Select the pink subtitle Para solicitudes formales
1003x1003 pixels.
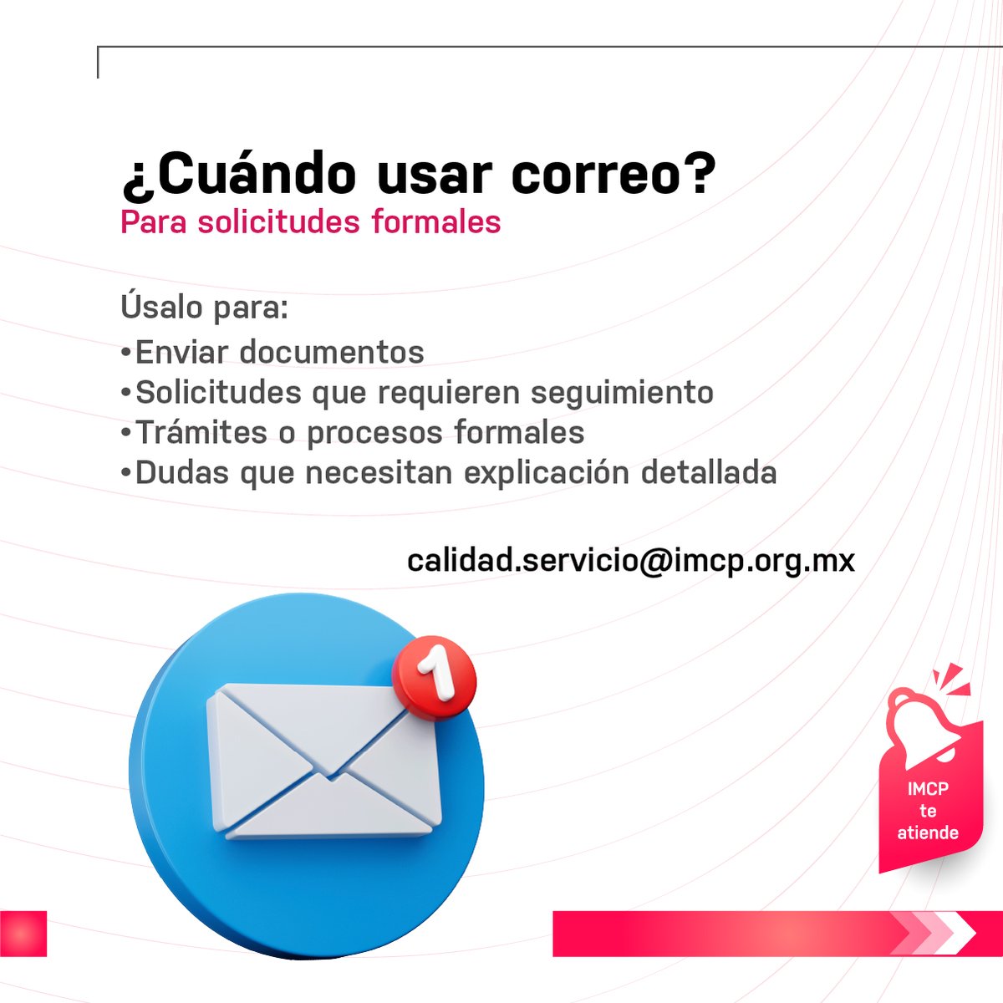tap(310, 222)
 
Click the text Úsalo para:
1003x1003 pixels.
tap(205, 307)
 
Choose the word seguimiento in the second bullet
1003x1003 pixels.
tap(622, 392)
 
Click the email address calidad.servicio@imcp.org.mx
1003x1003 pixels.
tap(631, 560)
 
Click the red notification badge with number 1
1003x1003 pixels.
tap(434, 677)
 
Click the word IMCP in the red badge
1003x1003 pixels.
tap(928, 788)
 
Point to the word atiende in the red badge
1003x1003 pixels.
tap(928, 832)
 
